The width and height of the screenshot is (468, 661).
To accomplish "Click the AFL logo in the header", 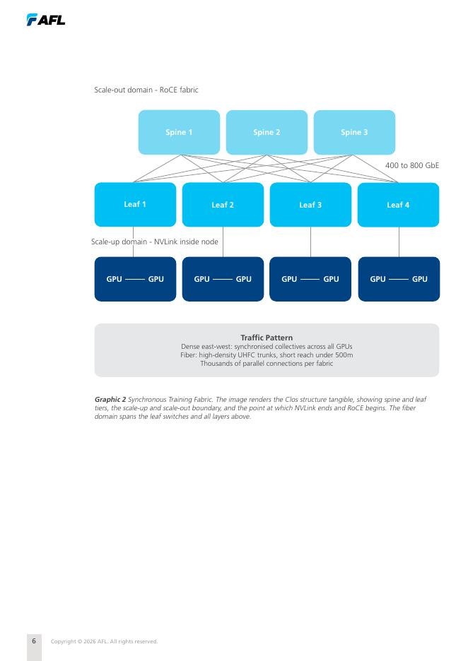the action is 45,19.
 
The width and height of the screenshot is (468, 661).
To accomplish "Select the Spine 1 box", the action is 179,132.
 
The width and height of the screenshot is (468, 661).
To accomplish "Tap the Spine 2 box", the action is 267,132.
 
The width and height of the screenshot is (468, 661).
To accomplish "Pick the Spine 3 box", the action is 354,132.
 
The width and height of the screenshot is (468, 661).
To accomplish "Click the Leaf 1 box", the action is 135,205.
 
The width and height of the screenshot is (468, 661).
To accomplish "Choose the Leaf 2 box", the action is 223,205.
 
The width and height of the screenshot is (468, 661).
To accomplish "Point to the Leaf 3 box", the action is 310,205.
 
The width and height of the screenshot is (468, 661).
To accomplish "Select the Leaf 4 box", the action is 399,205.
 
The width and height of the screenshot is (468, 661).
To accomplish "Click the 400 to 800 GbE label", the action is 412,165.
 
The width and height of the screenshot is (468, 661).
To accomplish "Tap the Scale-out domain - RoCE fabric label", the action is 146,90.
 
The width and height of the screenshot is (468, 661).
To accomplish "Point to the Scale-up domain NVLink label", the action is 154,242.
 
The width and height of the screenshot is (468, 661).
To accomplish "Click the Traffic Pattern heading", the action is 267,338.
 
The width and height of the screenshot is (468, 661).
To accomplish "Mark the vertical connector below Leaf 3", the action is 310,242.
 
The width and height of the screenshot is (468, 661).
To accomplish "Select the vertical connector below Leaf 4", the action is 399,242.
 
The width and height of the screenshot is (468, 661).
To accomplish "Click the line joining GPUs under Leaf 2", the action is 223,279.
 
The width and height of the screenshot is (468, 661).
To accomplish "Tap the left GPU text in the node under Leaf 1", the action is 114,279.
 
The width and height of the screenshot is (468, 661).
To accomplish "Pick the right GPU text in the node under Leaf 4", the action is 419,279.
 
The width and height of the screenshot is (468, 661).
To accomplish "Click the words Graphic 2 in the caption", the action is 110,399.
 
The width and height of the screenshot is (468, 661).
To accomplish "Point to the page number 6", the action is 34,641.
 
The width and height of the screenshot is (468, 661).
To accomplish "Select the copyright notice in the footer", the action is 104,642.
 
